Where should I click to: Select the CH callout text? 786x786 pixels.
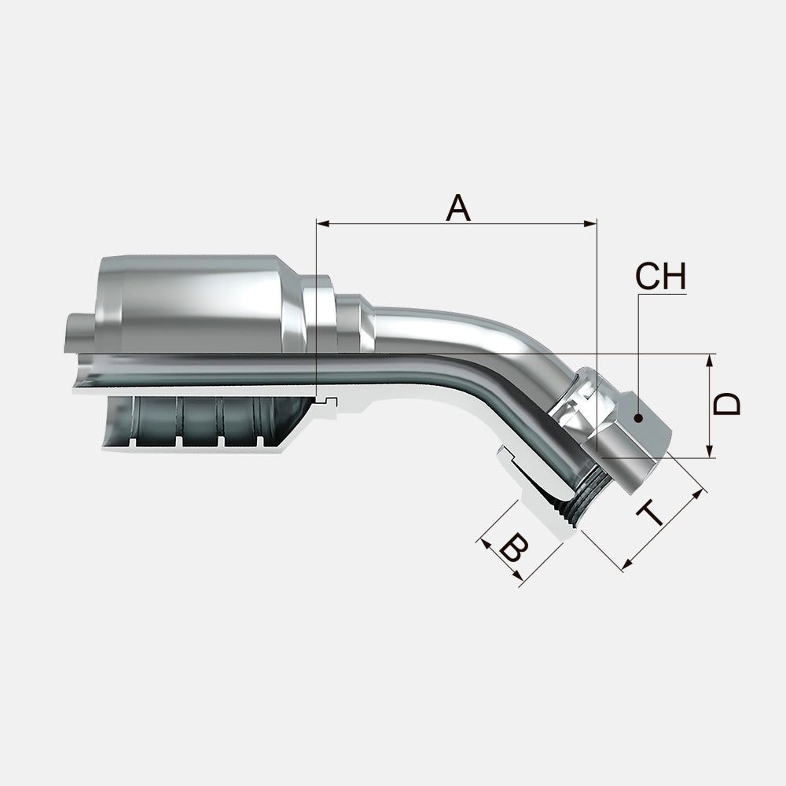[660, 277]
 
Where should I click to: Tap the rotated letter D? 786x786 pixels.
[729, 405]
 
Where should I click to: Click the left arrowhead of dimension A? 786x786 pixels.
[320, 223]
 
